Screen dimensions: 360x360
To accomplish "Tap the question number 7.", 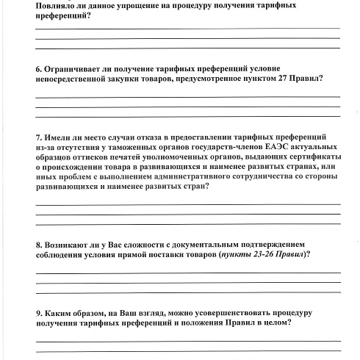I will point(37,137).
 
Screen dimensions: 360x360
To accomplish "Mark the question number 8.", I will point(37,243).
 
